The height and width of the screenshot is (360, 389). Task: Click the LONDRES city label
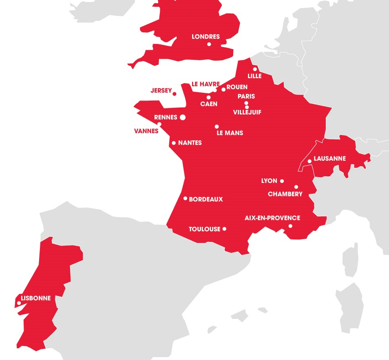[206, 37]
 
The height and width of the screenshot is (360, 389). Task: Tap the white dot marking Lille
[255, 69]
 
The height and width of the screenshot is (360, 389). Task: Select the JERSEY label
[161, 90]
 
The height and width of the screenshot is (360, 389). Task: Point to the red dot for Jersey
[175, 94]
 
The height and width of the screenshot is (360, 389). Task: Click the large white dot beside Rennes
[183, 117]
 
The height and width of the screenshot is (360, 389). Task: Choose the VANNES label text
[146, 131]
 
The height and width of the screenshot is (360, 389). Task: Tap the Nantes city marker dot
[174, 143]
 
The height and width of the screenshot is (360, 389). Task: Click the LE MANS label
[230, 133]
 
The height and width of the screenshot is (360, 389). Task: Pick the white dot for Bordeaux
[186, 199]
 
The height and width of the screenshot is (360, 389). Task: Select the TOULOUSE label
[204, 229]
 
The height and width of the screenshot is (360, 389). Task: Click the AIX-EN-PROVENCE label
[272, 218]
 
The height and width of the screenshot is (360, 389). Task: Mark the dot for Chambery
[296, 187]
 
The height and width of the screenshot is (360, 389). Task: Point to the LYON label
[269, 181]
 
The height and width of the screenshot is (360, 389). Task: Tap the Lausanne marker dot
[309, 161]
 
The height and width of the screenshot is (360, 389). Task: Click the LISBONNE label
[36, 298]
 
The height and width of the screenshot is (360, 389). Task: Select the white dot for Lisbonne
[19, 303]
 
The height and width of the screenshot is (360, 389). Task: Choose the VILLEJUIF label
[247, 112]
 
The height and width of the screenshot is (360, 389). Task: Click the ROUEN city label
[237, 87]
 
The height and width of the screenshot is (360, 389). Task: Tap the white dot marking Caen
[208, 97]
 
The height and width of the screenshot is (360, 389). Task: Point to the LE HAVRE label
[206, 84]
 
